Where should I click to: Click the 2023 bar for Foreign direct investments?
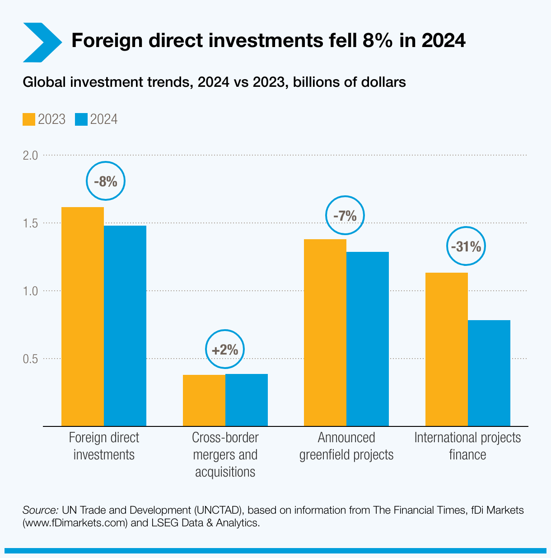pyautogui.click(x=83, y=317)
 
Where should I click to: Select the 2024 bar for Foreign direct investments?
pyautogui.click(x=125, y=326)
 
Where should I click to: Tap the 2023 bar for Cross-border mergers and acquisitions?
pyautogui.click(x=204, y=400)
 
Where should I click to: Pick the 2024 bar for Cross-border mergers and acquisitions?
pyautogui.click(x=247, y=400)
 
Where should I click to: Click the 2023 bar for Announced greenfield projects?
pyautogui.click(x=325, y=332)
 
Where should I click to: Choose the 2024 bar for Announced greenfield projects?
pyautogui.click(x=368, y=339)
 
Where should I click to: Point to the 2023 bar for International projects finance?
pyautogui.click(x=447, y=349)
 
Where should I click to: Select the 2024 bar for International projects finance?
pyautogui.click(x=489, y=373)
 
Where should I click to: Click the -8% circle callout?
pyautogui.click(x=105, y=181)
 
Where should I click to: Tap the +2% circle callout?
pyautogui.click(x=224, y=350)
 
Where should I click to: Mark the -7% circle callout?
pyautogui.click(x=345, y=216)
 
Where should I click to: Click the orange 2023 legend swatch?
pyautogui.click(x=29, y=119)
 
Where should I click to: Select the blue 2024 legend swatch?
pyautogui.click(x=81, y=119)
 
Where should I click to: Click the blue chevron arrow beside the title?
pyautogui.click(x=42, y=42)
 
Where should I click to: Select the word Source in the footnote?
pyautogui.click(x=40, y=510)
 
